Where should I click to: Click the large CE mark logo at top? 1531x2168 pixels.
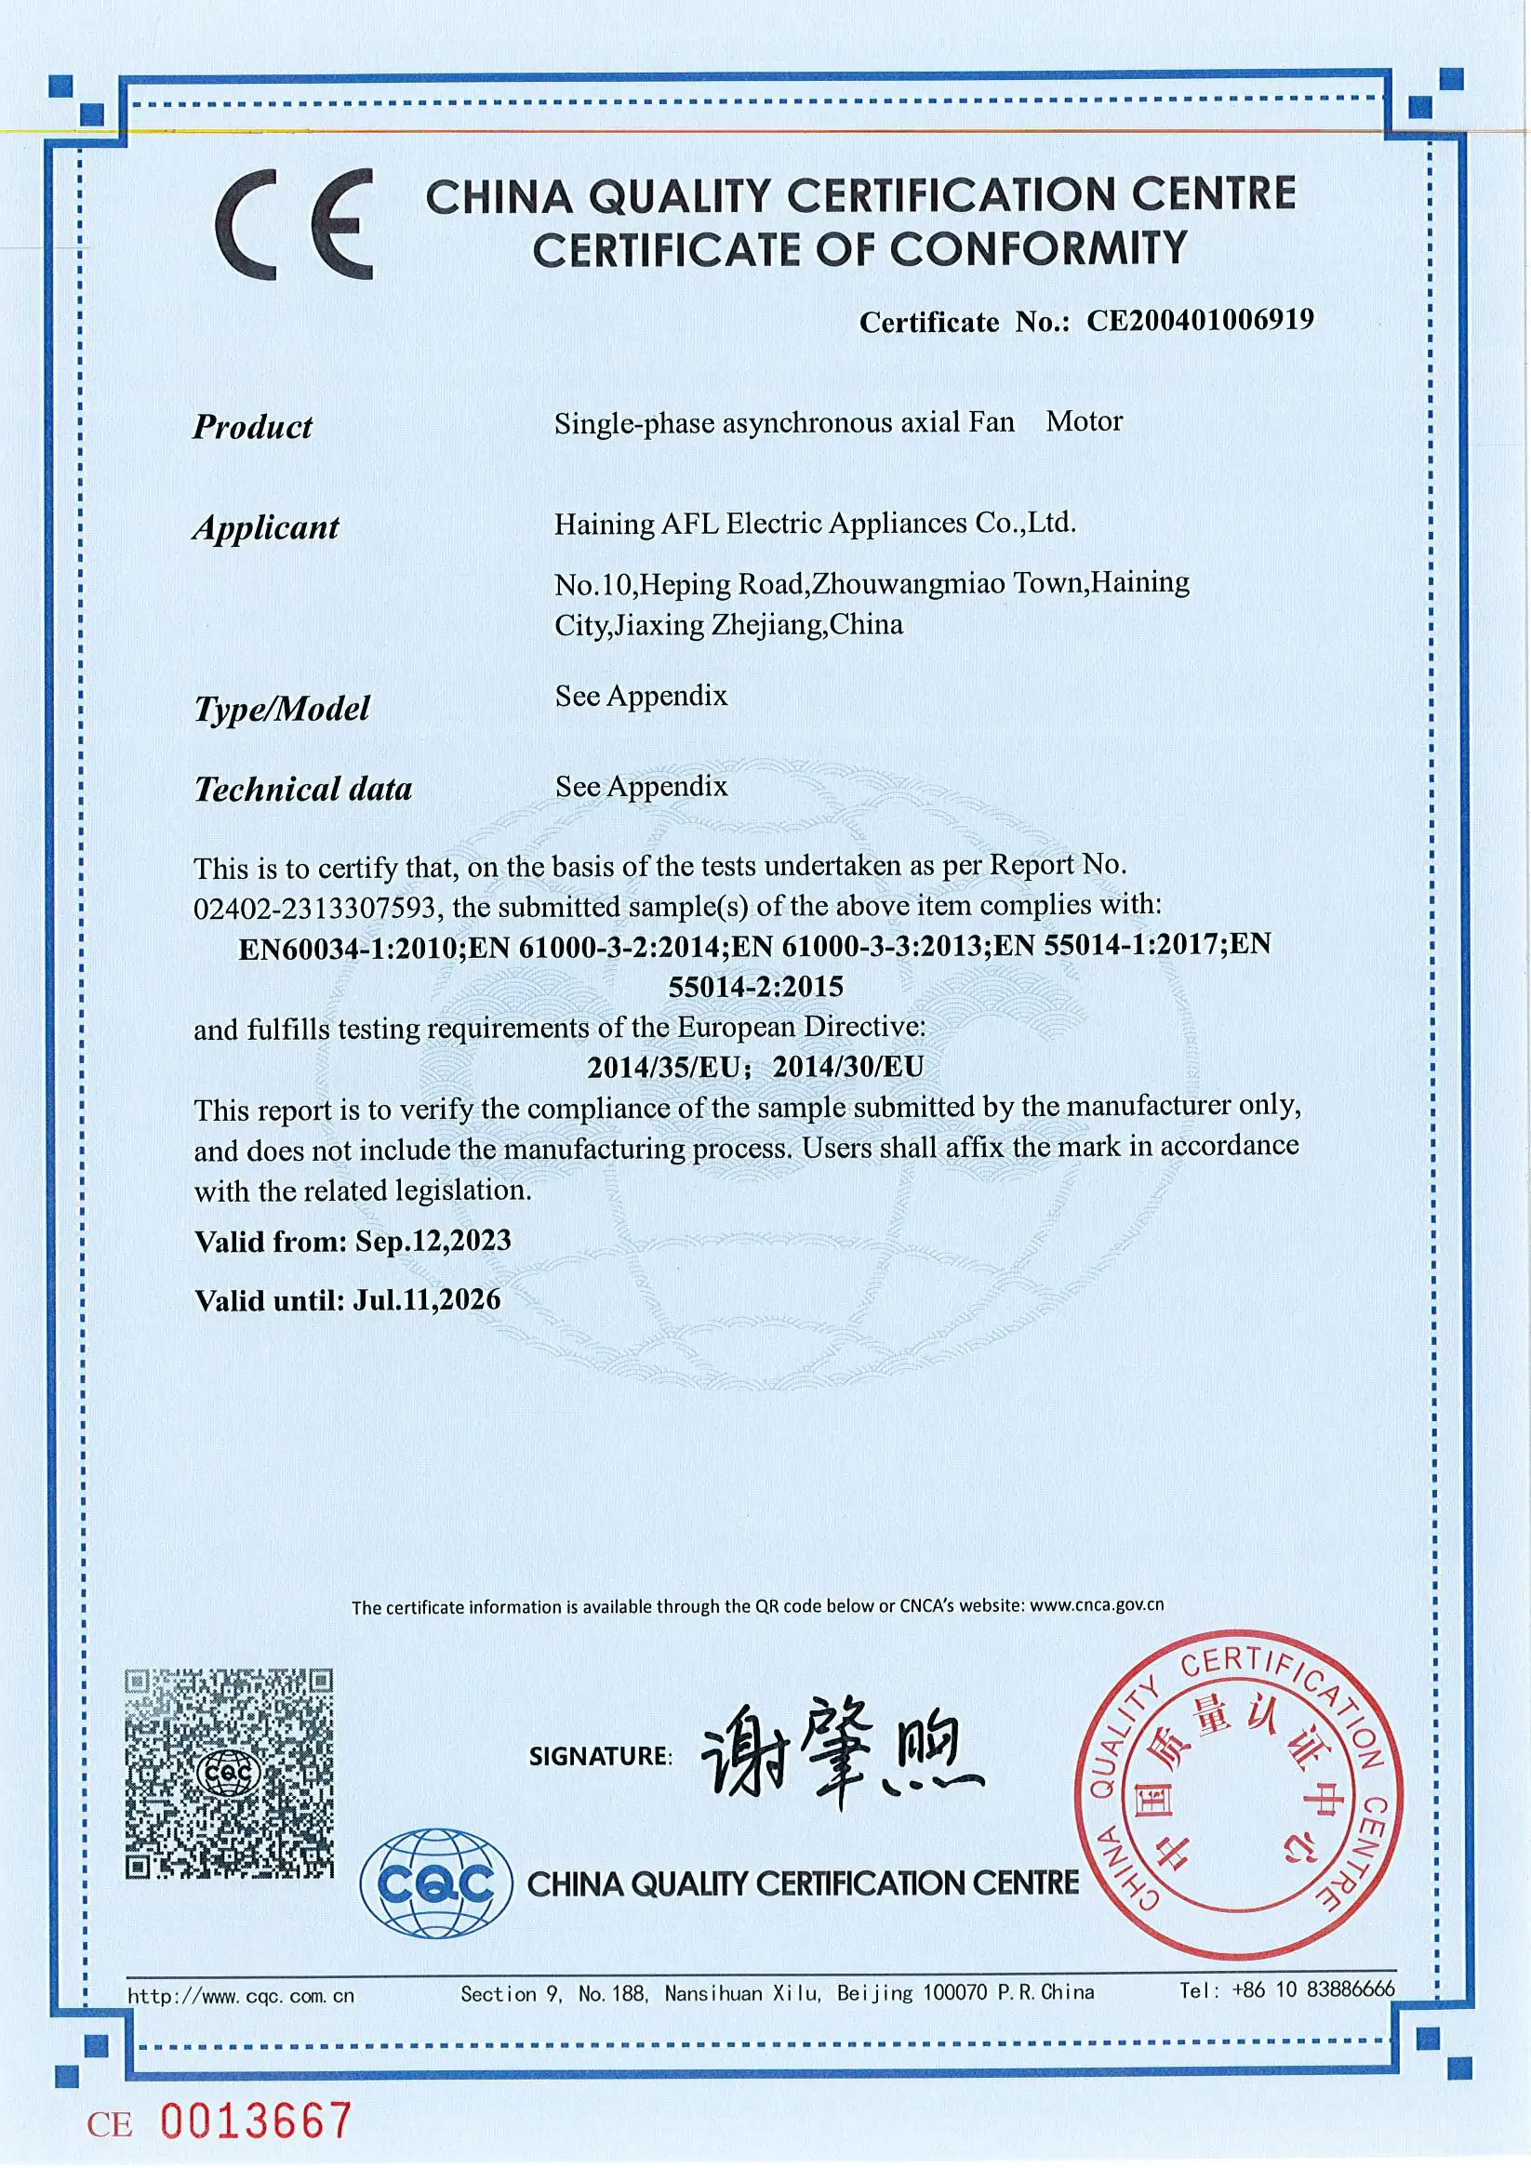click(294, 224)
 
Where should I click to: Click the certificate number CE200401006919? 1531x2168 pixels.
click(1200, 320)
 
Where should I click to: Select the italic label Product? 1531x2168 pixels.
click(252, 427)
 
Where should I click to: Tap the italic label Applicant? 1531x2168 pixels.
click(265, 527)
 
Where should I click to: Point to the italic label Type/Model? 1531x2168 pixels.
click(282, 708)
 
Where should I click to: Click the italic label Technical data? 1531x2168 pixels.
click(302, 789)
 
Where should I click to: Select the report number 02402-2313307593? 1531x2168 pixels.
click(313, 908)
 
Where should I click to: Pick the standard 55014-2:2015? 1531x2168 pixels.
click(755, 987)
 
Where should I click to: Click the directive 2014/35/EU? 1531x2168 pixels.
click(663, 1067)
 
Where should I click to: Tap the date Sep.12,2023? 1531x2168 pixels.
click(433, 1240)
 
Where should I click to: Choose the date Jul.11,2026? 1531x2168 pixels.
click(427, 1300)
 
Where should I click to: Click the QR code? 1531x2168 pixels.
click(230, 1774)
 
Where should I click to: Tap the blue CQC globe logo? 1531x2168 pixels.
click(435, 1882)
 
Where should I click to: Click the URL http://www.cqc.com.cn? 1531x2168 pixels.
click(241, 1995)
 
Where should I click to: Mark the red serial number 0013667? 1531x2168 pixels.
click(256, 2121)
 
